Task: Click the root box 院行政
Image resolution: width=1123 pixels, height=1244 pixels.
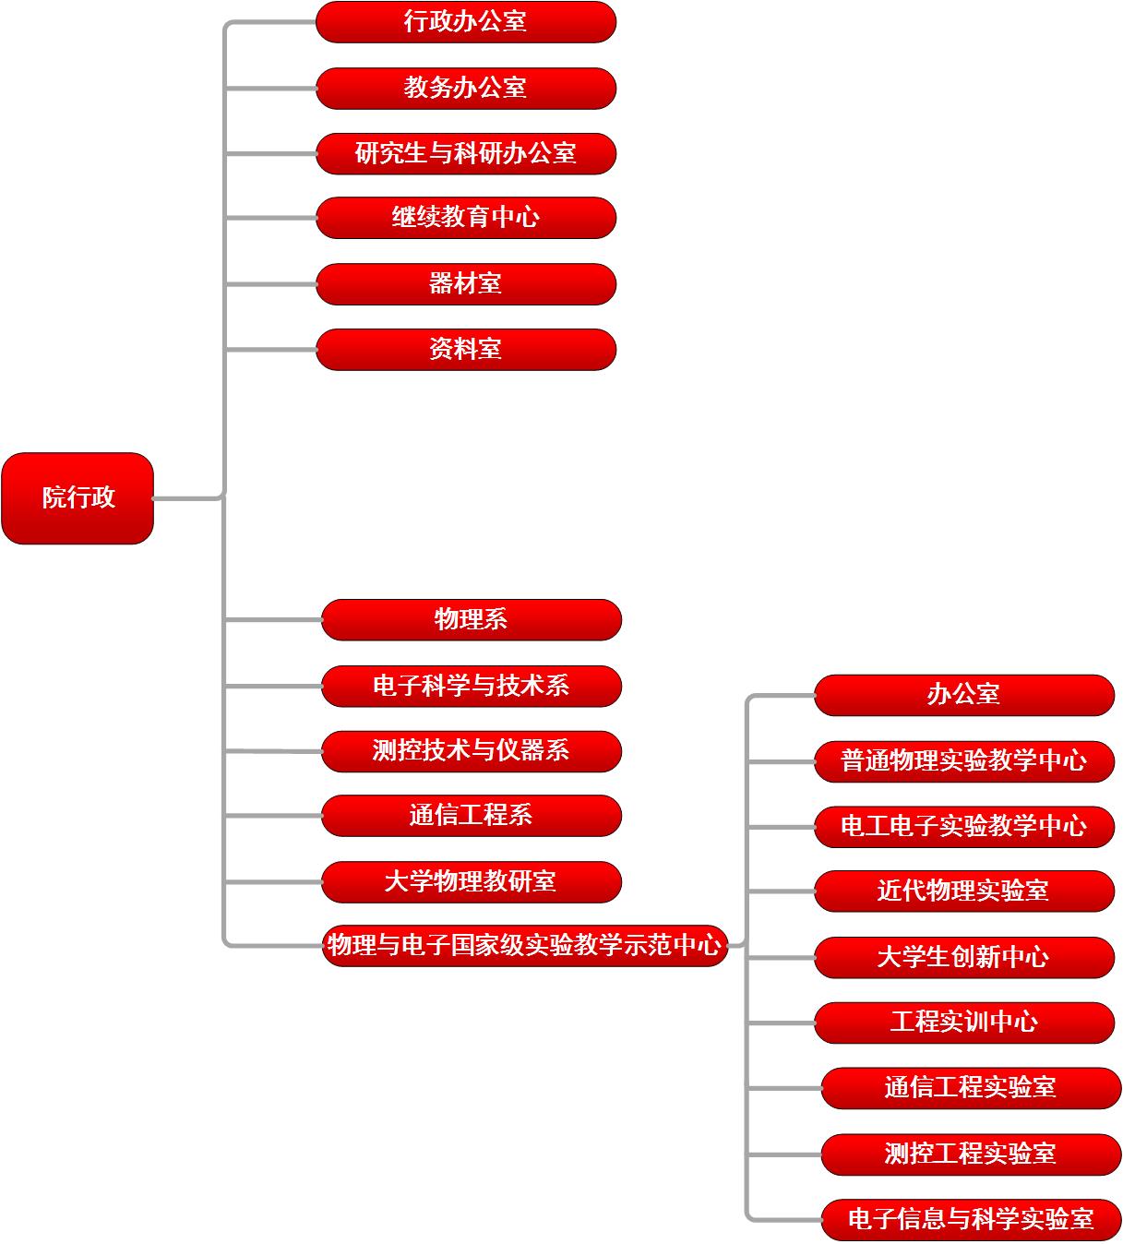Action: [78, 498]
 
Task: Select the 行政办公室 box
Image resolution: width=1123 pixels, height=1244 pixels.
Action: [466, 22]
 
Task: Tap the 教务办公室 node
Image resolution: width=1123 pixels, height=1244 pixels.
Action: [466, 89]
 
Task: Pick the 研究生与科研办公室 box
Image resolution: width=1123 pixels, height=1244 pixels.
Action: [466, 154]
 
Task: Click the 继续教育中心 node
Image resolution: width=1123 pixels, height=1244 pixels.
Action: [466, 218]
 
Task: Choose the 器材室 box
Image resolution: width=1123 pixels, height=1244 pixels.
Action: [466, 284]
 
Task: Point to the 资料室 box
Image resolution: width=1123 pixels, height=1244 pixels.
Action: [466, 350]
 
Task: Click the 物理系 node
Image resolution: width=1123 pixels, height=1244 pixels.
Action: [472, 619]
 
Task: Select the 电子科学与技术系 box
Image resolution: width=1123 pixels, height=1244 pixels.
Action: [472, 686]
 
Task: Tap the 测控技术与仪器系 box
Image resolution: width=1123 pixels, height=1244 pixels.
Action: [472, 751]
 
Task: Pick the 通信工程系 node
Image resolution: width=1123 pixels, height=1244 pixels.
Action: [472, 816]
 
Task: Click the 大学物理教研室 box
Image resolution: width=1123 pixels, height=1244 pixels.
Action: [472, 882]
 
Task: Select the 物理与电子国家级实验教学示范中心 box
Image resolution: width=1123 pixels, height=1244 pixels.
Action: [525, 946]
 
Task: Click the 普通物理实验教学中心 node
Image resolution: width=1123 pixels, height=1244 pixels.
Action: [964, 761]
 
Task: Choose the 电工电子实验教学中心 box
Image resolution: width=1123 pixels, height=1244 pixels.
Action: [964, 827]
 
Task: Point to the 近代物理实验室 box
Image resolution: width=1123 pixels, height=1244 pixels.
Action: [964, 891]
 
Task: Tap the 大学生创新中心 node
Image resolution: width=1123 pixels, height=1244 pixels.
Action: [964, 958]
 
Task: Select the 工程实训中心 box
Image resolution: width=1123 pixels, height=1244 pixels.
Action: [964, 1023]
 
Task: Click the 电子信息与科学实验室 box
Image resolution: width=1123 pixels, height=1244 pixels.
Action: [971, 1220]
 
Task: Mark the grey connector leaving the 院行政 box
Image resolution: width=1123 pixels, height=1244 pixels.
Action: [188, 498]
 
